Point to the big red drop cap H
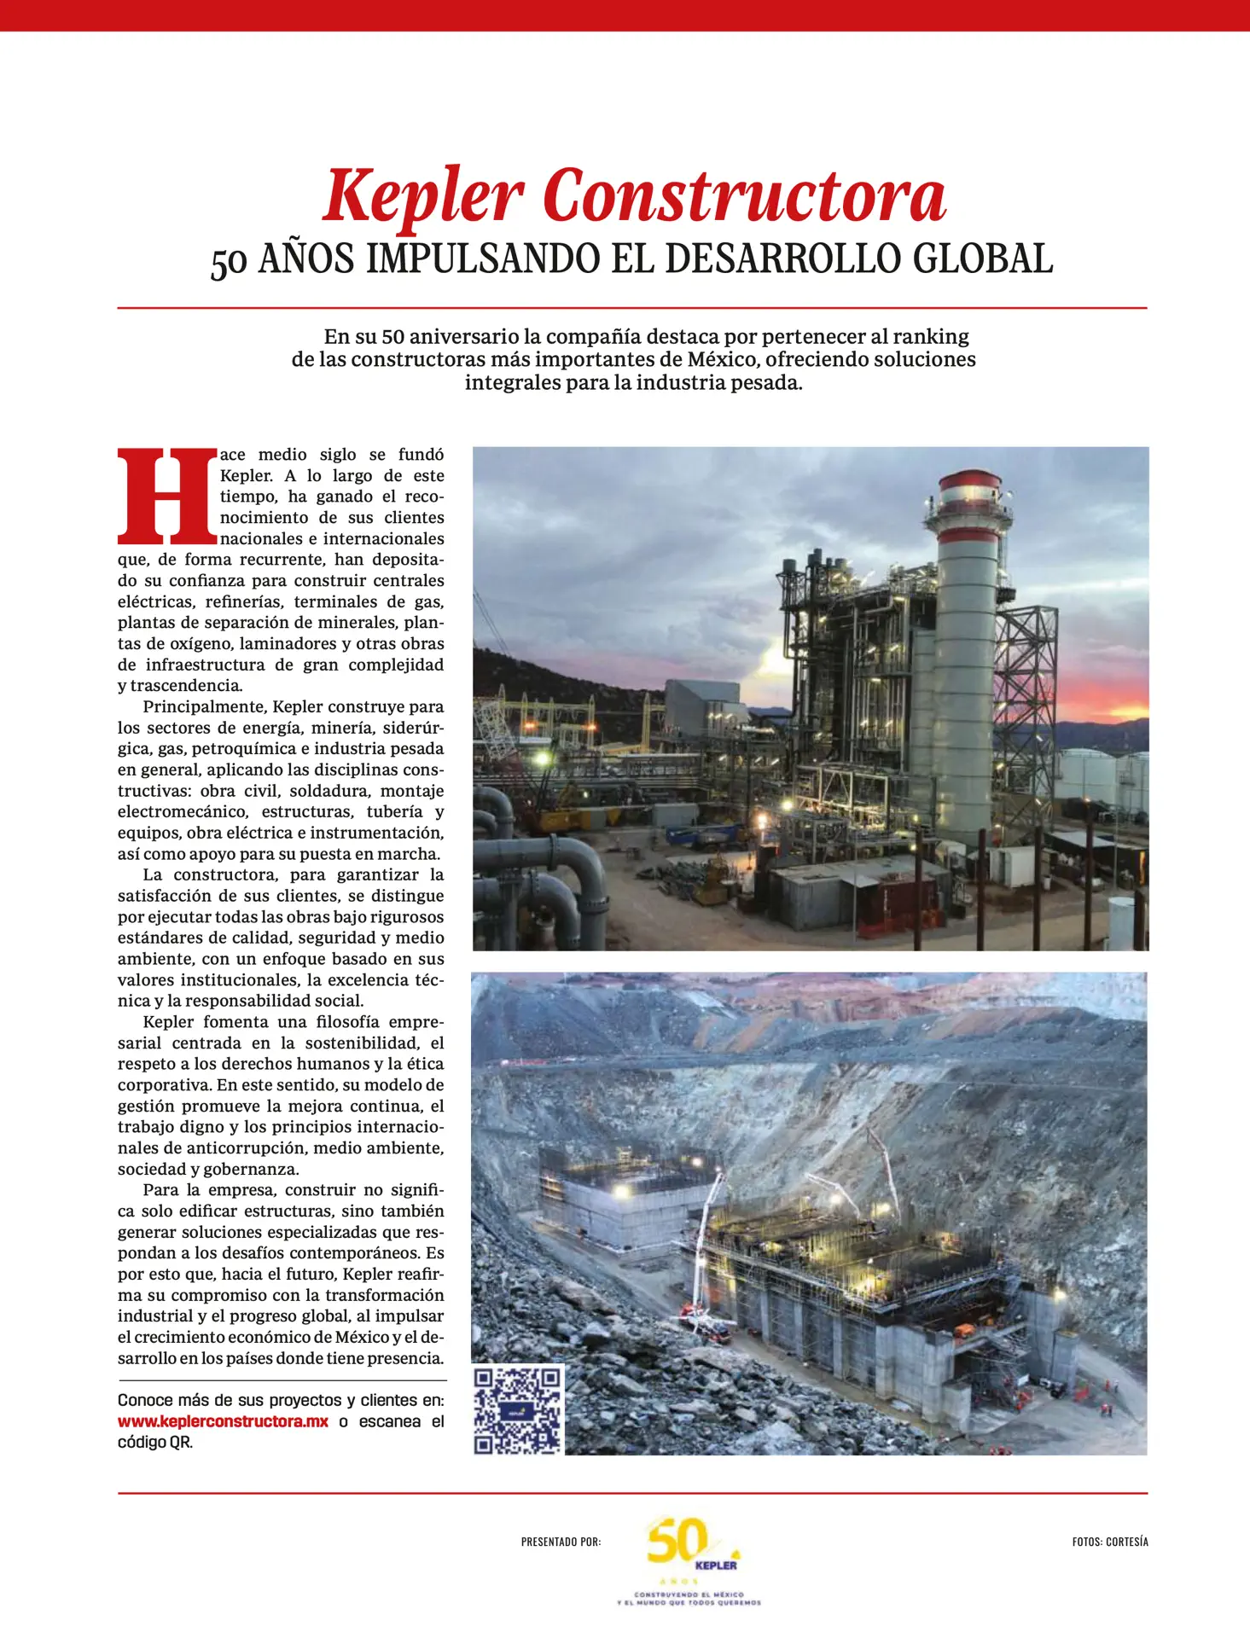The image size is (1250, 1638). point(167,496)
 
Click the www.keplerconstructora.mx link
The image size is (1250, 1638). point(223,1422)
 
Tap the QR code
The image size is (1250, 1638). point(517,1411)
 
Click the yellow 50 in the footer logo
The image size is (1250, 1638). point(677,1542)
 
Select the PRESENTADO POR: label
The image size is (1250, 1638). point(561,1542)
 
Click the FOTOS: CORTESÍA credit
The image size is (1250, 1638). point(1109,1542)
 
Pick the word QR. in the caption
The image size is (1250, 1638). point(180,1443)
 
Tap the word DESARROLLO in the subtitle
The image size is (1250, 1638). point(782,259)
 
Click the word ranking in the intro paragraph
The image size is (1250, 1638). point(930,336)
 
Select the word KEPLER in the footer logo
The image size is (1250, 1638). point(715,1565)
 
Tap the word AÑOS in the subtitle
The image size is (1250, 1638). point(305,259)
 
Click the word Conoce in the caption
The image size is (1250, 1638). point(146,1401)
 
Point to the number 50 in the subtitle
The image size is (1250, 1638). point(229,263)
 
